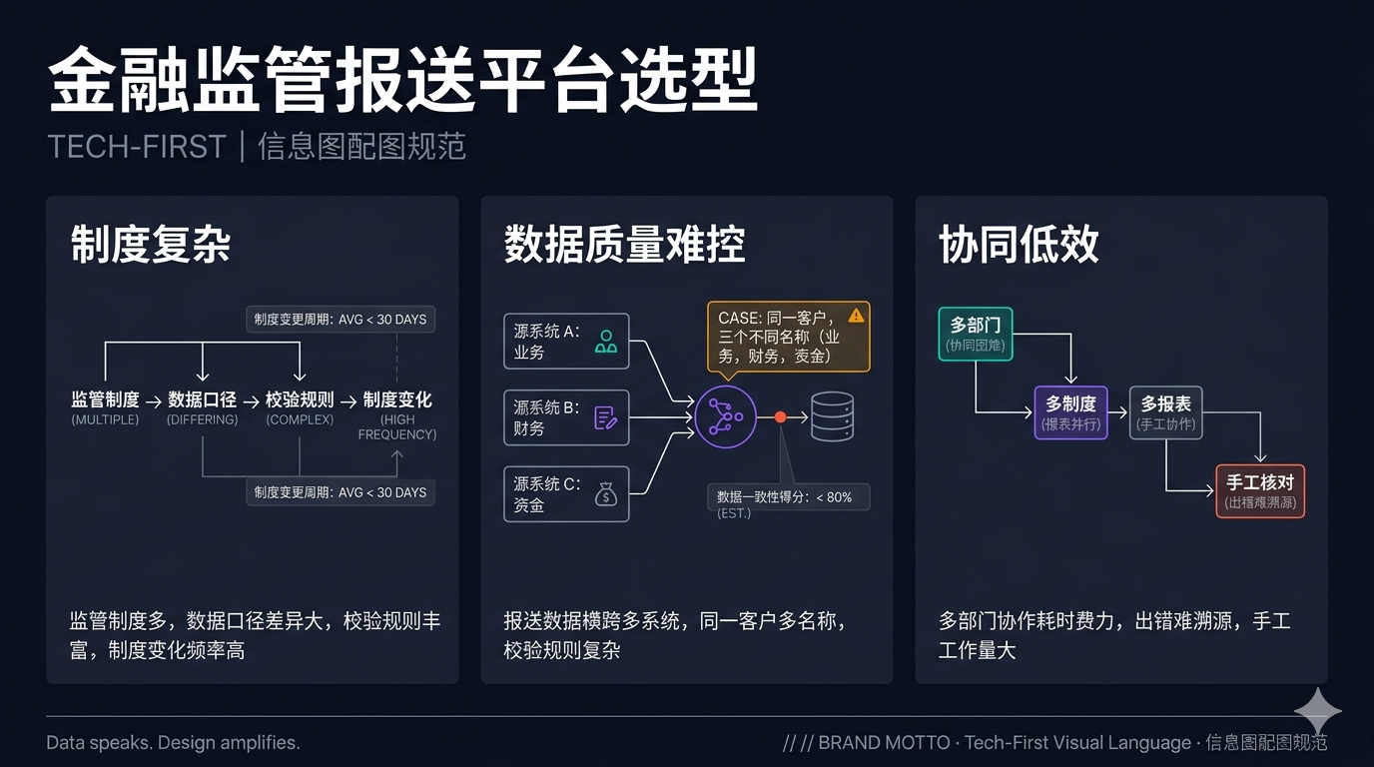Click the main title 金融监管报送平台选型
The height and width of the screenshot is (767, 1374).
[x=402, y=81]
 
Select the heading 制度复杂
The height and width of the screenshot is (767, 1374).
[x=151, y=245]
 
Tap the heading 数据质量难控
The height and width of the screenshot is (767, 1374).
[x=624, y=245]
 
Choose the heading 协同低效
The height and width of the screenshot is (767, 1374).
[x=1019, y=245]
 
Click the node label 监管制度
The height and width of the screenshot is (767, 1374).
[x=105, y=400]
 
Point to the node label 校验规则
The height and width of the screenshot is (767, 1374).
[x=300, y=400]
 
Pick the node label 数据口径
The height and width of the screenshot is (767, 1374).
[x=203, y=400]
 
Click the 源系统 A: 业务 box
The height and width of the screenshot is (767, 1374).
[x=566, y=342]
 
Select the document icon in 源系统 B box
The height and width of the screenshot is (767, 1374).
[x=605, y=417]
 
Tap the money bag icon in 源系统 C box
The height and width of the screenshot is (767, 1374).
[x=605, y=493]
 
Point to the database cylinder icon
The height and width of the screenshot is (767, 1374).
[x=832, y=416]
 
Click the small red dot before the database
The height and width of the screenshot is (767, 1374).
[x=781, y=416]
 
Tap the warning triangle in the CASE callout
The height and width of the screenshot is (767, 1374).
[x=856, y=316]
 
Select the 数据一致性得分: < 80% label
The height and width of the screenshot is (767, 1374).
[x=788, y=497]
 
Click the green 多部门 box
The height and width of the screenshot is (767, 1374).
[x=976, y=334]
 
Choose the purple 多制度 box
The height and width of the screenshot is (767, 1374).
[x=1070, y=412]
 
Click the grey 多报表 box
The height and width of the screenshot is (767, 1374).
[x=1165, y=412]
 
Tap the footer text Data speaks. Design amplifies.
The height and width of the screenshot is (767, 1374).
[x=173, y=743]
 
